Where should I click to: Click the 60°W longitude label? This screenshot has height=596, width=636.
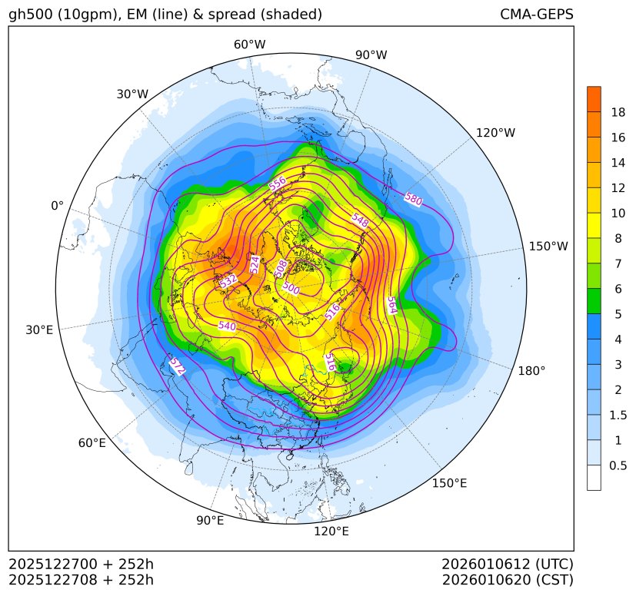click(249, 45)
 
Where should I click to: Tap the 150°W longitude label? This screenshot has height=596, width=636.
click(548, 247)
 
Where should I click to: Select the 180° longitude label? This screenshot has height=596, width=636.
click(531, 370)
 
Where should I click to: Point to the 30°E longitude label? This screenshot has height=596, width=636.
click(39, 330)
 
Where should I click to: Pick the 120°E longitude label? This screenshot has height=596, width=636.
click(331, 531)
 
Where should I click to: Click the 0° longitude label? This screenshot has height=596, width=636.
click(57, 206)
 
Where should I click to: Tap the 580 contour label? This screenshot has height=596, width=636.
click(413, 199)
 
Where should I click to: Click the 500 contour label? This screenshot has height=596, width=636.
click(291, 288)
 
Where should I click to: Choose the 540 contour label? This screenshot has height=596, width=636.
click(227, 326)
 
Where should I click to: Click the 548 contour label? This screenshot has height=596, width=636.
click(360, 219)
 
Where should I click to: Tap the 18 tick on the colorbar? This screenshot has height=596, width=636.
click(618, 112)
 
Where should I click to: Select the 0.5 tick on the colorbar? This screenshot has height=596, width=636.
click(618, 465)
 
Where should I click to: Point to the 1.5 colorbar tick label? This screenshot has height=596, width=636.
click(618, 415)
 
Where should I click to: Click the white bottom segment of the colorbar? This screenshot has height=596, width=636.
click(594, 478)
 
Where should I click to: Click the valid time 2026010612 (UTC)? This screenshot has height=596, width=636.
click(508, 565)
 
